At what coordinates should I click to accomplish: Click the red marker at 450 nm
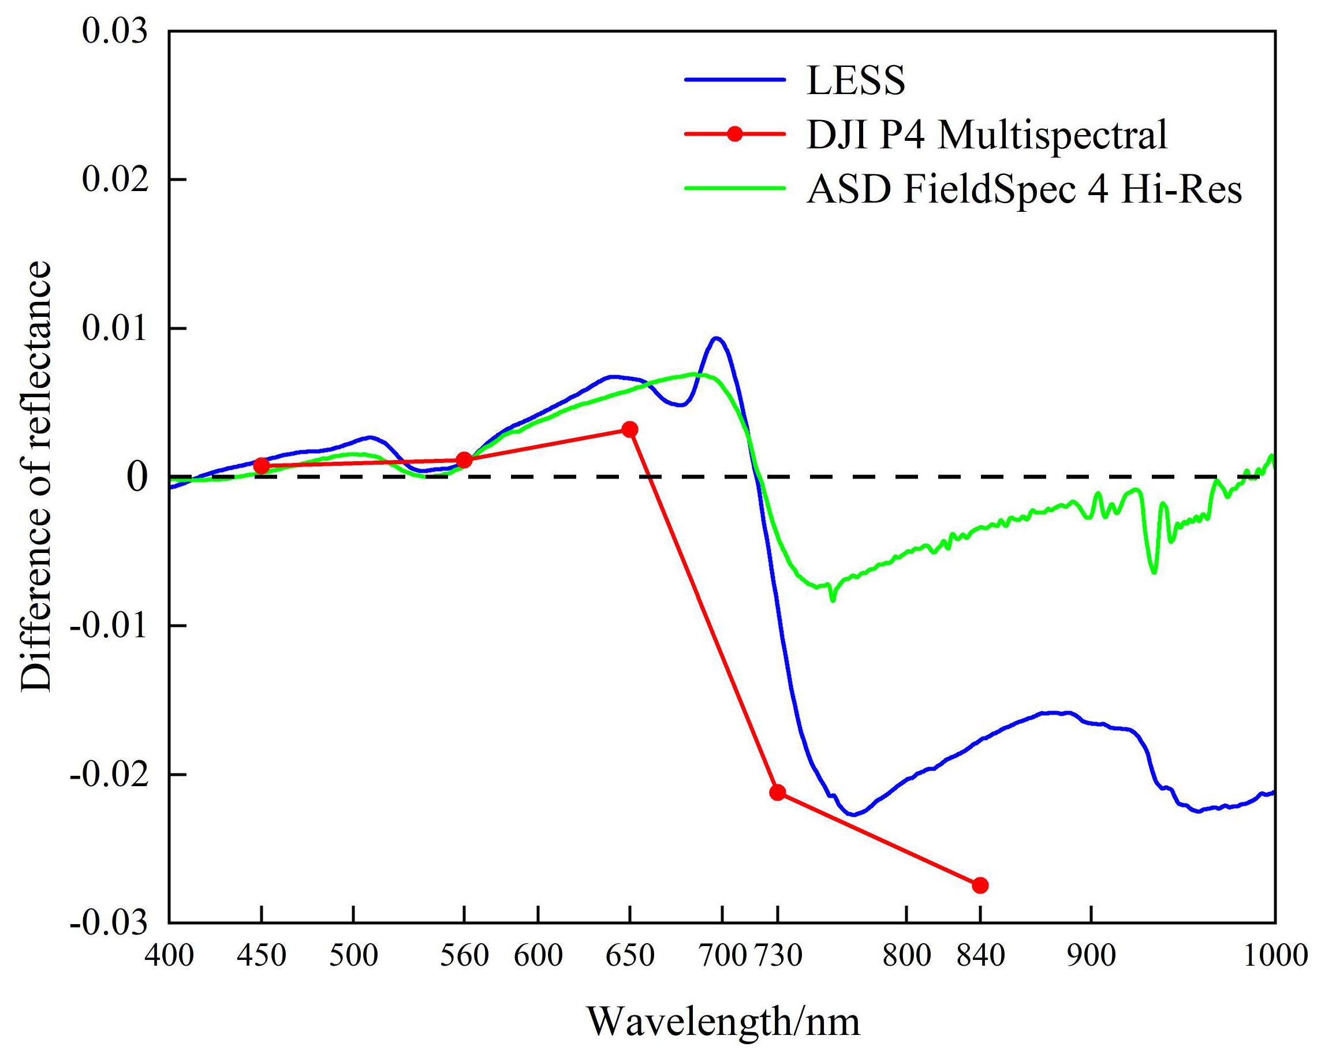click(x=262, y=465)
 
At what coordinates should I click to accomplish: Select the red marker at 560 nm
click(x=464, y=460)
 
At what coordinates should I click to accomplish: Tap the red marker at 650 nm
click(x=630, y=429)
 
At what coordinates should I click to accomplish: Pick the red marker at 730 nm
click(x=778, y=793)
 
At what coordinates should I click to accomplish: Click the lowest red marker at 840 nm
click(x=980, y=885)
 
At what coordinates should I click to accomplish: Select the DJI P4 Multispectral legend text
click(x=987, y=134)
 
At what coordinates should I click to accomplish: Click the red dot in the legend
click(x=734, y=134)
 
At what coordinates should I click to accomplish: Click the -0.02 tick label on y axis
click(x=109, y=775)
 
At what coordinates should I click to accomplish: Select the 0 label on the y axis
click(x=137, y=477)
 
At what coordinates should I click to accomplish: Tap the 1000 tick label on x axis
click(x=1275, y=955)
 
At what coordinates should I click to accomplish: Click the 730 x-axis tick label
click(x=778, y=955)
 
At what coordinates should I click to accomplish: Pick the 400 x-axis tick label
click(x=170, y=955)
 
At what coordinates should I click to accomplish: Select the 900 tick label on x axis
click(x=1091, y=955)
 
